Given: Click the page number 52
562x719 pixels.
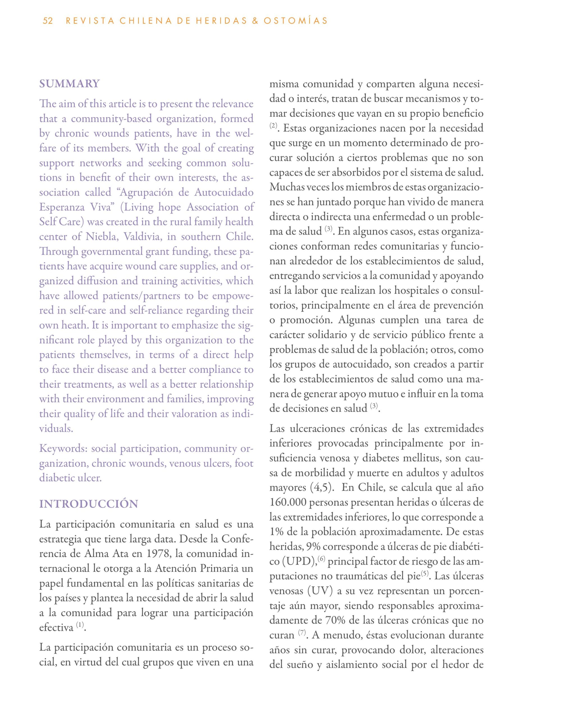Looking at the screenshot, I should [x=48, y=21].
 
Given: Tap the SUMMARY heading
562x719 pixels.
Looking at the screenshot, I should [x=69, y=84].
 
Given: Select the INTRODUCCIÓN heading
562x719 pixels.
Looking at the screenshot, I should [x=88, y=504].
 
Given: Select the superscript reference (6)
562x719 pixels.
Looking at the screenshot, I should [x=321, y=558].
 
